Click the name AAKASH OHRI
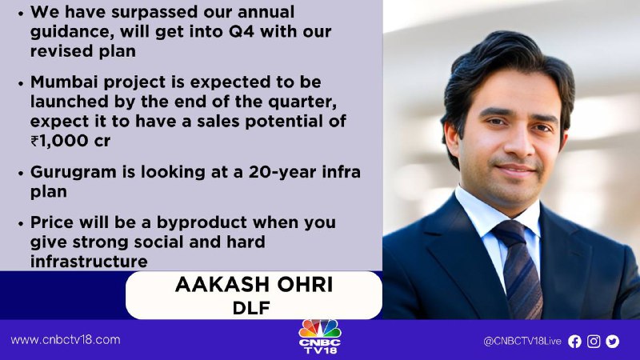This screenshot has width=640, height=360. coord(254,285)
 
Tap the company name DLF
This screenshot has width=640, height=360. coord(251,308)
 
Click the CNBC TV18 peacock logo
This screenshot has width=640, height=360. coord(320,336)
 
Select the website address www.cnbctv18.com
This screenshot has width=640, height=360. coord(66,340)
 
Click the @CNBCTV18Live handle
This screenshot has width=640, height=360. coord(522,342)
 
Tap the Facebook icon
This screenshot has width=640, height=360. coord(574,342)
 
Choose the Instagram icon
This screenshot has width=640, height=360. coord(594,342)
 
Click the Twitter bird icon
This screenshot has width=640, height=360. coord(612,342)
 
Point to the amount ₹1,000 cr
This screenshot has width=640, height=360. coord(70,142)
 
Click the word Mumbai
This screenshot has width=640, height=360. coord(65,82)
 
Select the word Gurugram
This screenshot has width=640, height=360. coord(74,173)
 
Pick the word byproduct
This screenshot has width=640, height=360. coord(202,223)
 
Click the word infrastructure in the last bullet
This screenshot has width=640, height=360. coord(89,262)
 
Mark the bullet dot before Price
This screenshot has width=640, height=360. coord(21,224)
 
